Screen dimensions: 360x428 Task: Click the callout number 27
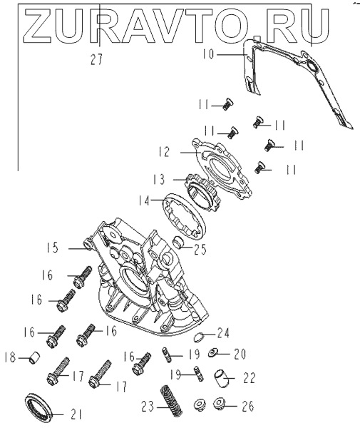pos(96,59)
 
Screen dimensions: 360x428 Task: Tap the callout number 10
pos(208,54)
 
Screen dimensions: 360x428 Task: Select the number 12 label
pos(164,152)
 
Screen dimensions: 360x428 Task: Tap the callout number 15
pos(52,248)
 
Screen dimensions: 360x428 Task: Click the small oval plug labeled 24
pos(200,337)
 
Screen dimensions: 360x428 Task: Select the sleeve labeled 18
pos(35,358)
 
